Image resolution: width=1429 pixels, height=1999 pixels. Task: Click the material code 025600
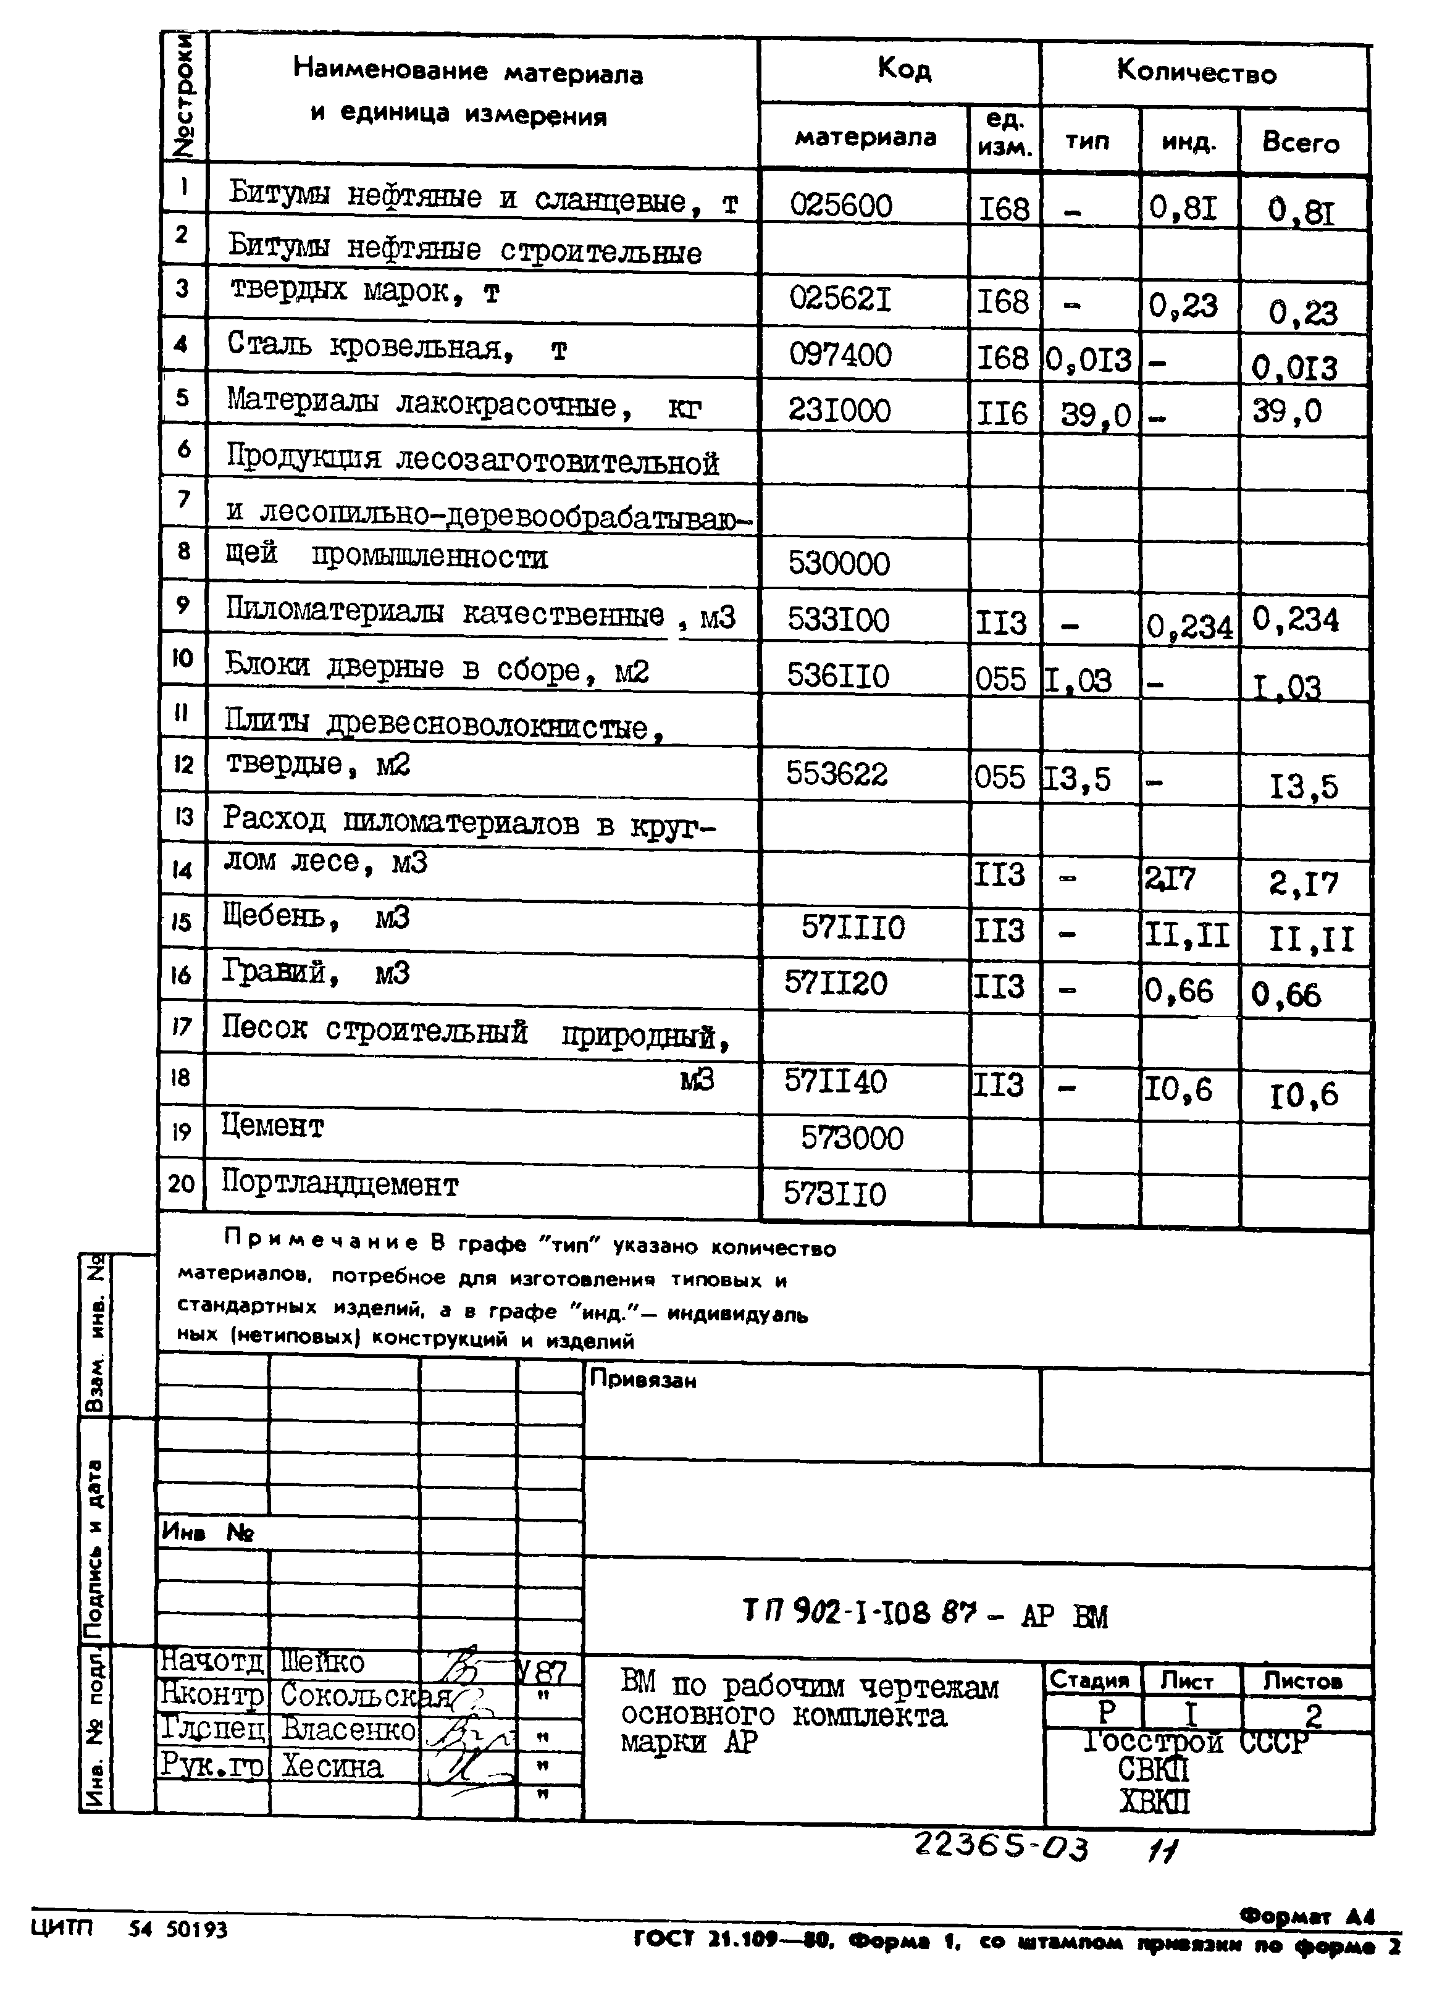[840, 205]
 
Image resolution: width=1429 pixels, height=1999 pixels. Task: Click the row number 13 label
[183, 816]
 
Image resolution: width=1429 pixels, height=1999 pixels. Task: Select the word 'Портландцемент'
[340, 1183]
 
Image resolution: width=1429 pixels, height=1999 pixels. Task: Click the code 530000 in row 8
[839, 563]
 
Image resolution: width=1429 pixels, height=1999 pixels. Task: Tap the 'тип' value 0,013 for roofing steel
[1089, 359]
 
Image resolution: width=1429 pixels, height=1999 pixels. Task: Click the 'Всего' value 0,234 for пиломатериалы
[1295, 619]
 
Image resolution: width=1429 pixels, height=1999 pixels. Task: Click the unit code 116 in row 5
[1002, 412]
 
